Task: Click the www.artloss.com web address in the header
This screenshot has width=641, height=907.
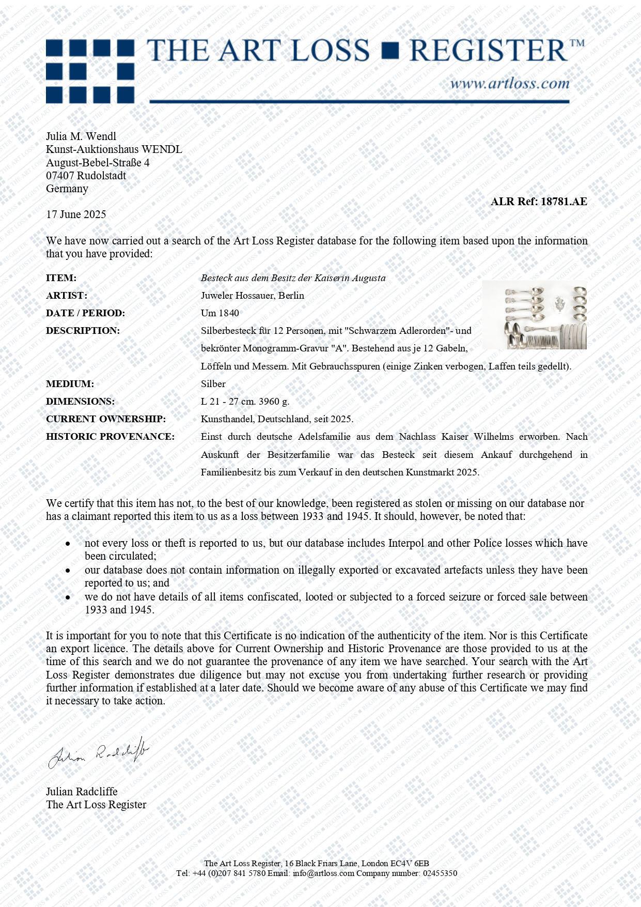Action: point(509,83)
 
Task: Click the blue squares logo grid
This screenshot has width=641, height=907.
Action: point(90,71)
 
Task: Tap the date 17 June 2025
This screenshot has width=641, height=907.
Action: point(76,214)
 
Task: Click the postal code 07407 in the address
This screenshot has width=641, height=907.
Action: point(60,176)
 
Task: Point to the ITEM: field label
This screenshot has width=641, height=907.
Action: point(61,278)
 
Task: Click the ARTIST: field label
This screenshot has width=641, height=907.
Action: point(67,296)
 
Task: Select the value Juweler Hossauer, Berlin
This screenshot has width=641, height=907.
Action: point(252,296)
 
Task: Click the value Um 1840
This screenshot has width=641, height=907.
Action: point(220,313)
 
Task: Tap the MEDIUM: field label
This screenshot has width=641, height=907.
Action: point(70,384)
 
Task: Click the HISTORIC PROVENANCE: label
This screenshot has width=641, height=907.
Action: point(110,437)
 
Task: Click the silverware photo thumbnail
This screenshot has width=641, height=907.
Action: point(534,315)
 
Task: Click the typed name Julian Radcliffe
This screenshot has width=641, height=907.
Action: point(82,792)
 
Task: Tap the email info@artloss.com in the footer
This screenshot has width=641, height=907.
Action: point(323,873)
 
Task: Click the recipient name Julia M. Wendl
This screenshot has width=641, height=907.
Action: point(81,136)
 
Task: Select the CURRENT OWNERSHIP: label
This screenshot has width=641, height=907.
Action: point(106,419)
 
